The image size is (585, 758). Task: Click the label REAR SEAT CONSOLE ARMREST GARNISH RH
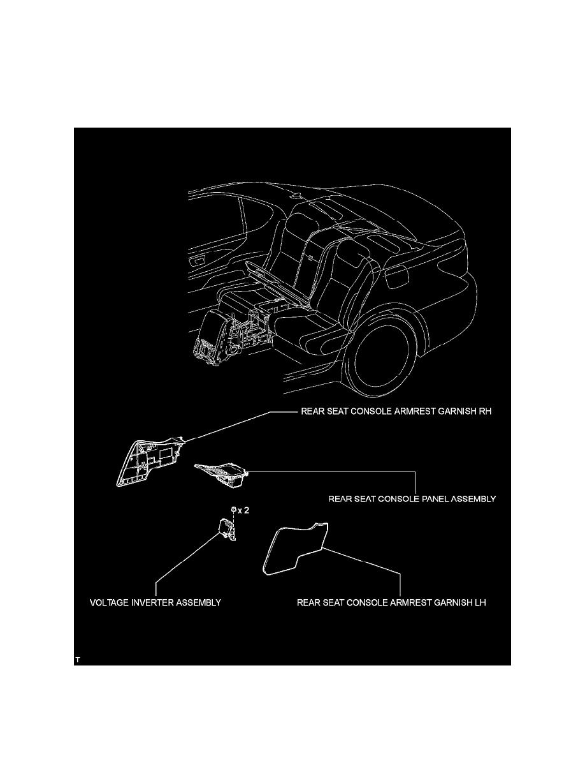coord(396,412)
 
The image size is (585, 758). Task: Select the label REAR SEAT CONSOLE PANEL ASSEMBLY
coord(412,499)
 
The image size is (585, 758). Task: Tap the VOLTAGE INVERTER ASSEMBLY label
coord(155,603)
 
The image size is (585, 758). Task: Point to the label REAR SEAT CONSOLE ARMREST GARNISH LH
coord(391,603)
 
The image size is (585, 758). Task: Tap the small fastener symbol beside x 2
coord(234,510)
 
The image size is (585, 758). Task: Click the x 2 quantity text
coord(243,510)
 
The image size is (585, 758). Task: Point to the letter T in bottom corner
coord(77,660)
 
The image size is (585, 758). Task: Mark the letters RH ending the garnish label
coord(486,412)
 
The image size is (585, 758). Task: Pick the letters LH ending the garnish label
coord(480,603)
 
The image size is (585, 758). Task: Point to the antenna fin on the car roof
coord(296,197)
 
